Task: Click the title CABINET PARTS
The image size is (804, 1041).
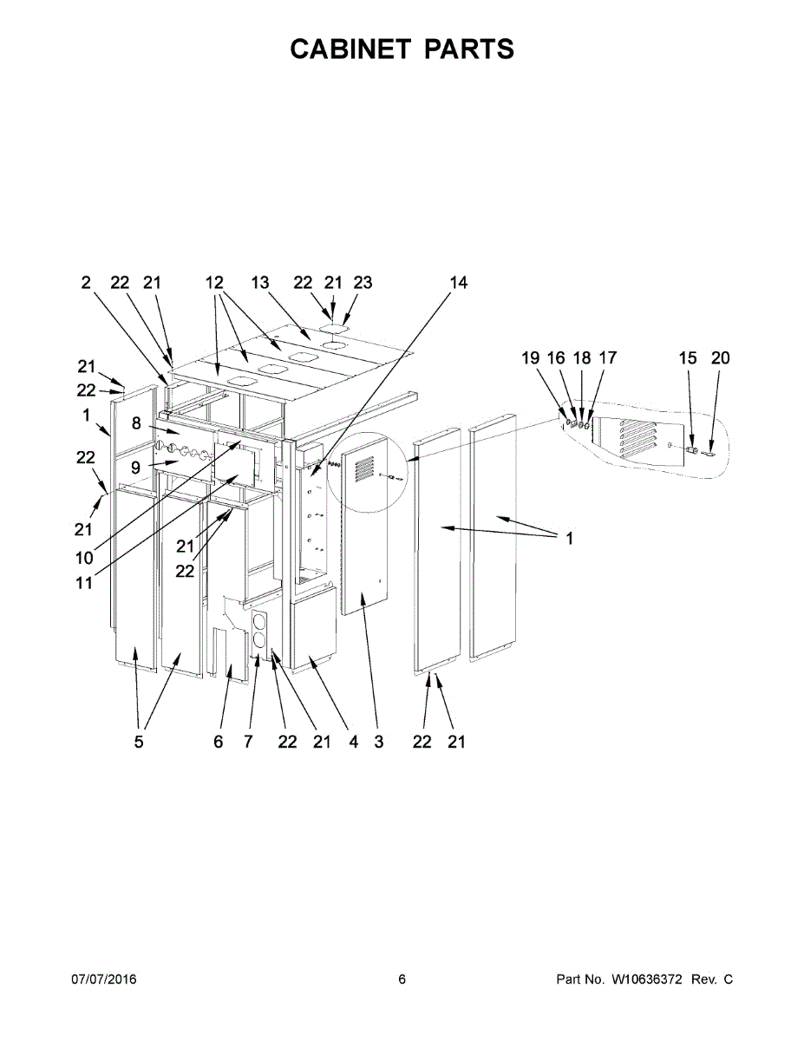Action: (x=402, y=49)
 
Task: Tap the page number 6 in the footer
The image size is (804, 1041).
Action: (x=402, y=979)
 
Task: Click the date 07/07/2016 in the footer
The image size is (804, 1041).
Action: (x=103, y=979)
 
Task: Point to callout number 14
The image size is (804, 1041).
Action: (x=458, y=283)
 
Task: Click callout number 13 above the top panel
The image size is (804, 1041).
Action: (x=260, y=283)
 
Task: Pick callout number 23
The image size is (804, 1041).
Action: (x=363, y=283)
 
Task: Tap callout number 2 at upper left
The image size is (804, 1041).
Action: (x=86, y=283)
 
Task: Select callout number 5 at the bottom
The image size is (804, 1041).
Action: (x=139, y=742)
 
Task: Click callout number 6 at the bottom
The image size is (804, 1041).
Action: (x=218, y=742)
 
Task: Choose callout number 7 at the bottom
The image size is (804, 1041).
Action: (x=248, y=742)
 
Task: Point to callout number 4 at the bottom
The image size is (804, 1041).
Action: (x=354, y=742)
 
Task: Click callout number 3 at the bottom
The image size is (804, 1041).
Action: (x=379, y=742)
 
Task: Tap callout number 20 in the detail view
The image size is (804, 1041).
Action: (x=720, y=357)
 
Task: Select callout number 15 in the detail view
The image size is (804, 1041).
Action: (x=687, y=357)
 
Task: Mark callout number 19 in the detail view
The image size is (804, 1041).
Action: (x=530, y=357)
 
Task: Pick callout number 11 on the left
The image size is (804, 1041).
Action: (x=84, y=583)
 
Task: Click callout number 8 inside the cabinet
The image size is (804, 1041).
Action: (x=136, y=423)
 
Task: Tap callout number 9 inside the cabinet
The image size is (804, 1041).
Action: (x=136, y=466)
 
